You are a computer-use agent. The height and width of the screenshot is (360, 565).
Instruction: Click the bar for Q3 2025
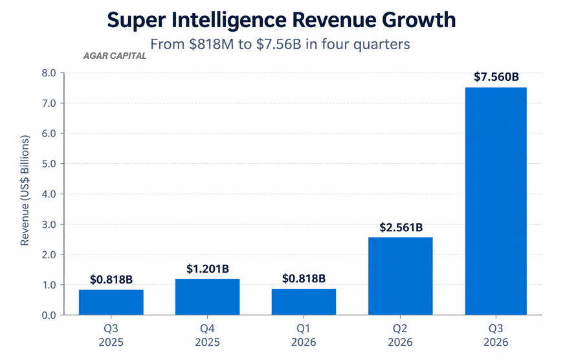click(111, 302)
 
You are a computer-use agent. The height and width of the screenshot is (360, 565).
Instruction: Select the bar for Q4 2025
click(208, 297)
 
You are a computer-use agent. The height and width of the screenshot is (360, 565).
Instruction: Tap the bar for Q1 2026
click(304, 302)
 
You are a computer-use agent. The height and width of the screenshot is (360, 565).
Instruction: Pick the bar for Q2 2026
click(401, 276)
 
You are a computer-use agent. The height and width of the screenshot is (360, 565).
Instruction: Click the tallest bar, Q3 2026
click(496, 201)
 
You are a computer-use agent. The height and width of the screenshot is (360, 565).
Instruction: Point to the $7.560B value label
click(496, 77)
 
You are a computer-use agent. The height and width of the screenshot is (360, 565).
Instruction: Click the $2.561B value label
click(401, 227)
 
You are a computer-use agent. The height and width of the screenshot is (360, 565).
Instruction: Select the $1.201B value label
click(208, 269)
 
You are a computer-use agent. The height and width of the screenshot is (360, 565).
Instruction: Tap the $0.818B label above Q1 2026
click(304, 278)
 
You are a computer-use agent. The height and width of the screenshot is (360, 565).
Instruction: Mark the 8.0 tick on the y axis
click(49, 73)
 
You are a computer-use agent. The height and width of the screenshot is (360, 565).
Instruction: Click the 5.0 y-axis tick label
click(49, 164)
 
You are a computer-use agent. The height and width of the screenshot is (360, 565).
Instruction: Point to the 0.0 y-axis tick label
click(49, 315)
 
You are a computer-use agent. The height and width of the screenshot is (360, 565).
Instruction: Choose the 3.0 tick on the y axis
click(49, 225)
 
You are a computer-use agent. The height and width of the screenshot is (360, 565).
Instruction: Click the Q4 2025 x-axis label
click(208, 335)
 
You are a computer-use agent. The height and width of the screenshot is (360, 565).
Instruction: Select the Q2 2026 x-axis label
click(401, 335)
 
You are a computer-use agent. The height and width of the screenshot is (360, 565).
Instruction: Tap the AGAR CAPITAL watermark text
click(115, 56)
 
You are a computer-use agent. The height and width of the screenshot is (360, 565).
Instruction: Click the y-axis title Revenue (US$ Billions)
click(25, 190)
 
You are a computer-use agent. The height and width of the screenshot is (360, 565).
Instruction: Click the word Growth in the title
click(419, 20)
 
